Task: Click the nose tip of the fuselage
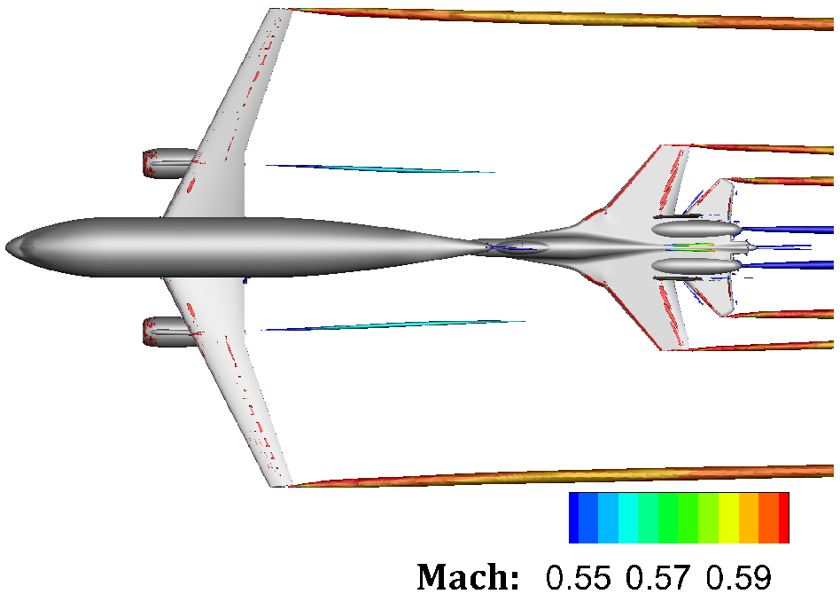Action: (x=8, y=246)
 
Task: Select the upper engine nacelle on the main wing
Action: (x=168, y=162)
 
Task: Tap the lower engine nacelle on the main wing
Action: (x=168, y=331)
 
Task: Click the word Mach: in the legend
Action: (x=468, y=576)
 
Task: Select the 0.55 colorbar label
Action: (x=579, y=576)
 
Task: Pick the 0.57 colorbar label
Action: (x=658, y=576)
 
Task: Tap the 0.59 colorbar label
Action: (x=738, y=576)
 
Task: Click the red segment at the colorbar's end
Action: (x=783, y=518)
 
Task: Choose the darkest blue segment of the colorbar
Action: (x=573, y=518)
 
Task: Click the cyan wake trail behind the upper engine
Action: (x=381, y=168)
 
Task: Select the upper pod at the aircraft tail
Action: (x=696, y=229)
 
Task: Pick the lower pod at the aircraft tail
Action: (x=696, y=265)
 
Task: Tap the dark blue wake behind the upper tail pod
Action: (x=789, y=230)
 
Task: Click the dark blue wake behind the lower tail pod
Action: (x=789, y=264)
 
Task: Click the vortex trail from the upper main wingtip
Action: (x=567, y=19)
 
